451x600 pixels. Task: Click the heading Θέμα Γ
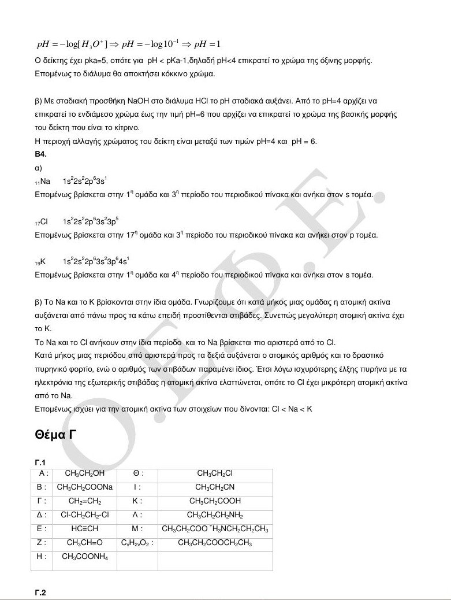pyautogui.click(x=56, y=435)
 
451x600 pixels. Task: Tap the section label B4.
pyautogui.click(x=40, y=154)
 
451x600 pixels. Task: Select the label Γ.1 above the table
pyautogui.click(x=40, y=462)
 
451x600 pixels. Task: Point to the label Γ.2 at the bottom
pyautogui.click(x=40, y=593)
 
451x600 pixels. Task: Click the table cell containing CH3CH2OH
pyautogui.click(x=85, y=473)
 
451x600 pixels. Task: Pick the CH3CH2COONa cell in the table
pyautogui.click(x=85, y=487)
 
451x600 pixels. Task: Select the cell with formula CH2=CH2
pyautogui.click(x=85, y=501)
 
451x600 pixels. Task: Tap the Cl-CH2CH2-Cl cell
pyautogui.click(x=85, y=515)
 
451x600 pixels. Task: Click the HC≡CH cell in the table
pyautogui.click(x=85, y=529)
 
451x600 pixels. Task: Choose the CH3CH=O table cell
pyautogui.click(x=85, y=543)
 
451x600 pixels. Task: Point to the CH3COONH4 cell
pyautogui.click(x=85, y=557)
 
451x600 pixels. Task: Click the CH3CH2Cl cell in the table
pyautogui.click(x=215, y=473)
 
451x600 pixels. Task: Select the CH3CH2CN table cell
pyautogui.click(x=215, y=487)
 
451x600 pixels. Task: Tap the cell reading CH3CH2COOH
pyautogui.click(x=215, y=501)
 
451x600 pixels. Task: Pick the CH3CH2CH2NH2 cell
pyautogui.click(x=215, y=515)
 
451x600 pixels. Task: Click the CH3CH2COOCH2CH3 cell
pyautogui.click(x=215, y=543)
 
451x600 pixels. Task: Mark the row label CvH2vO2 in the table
pyautogui.click(x=137, y=543)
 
